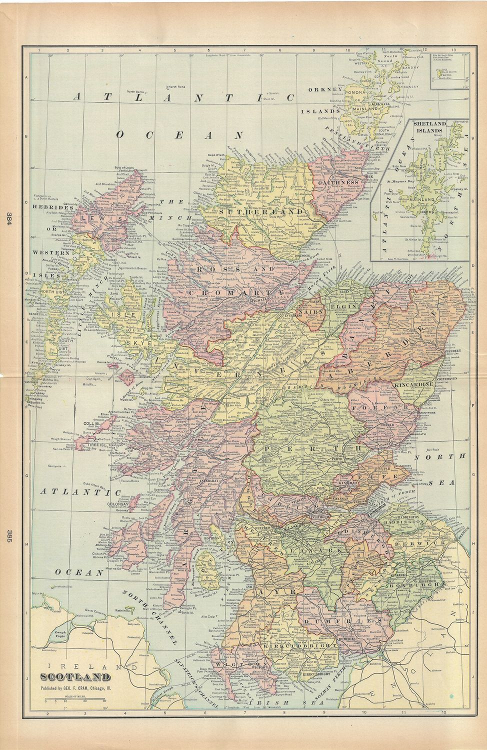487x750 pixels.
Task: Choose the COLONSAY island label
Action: tap(117, 504)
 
